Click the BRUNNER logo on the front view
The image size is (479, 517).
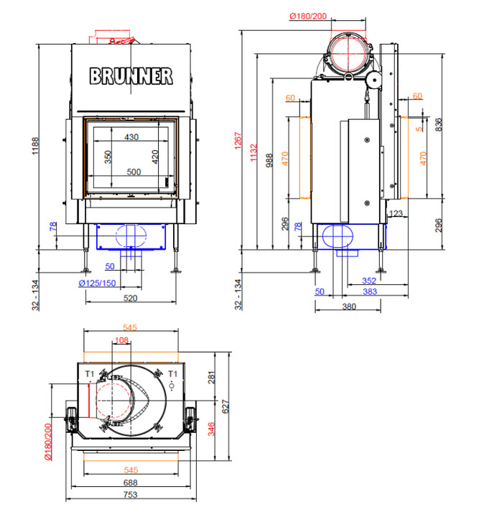pyautogui.click(x=131, y=76)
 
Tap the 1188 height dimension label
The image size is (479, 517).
pyautogui.click(x=35, y=146)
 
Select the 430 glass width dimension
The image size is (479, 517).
pyautogui.click(x=131, y=137)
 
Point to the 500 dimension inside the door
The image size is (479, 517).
pyautogui.click(x=134, y=172)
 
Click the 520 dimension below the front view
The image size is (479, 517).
pyautogui.click(x=130, y=298)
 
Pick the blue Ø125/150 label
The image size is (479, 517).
pyautogui.click(x=97, y=283)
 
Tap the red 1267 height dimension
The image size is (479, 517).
pyautogui.click(x=238, y=141)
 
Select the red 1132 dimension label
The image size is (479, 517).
pyautogui.click(x=254, y=152)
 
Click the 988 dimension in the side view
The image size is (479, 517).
pyautogui.click(x=269, y=160)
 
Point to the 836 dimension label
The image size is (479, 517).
pyautogui.click(x=439, y=125)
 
